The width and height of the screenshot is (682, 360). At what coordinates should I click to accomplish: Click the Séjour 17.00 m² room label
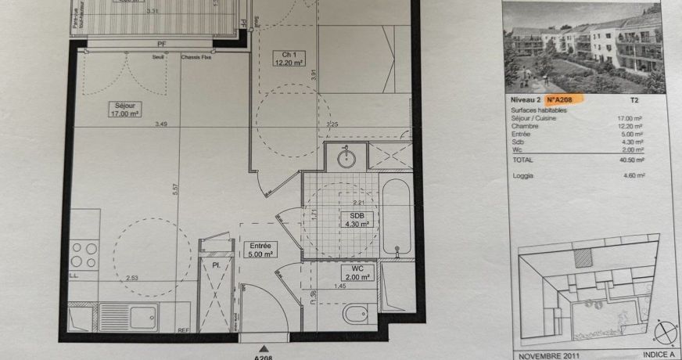coord(124,109)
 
